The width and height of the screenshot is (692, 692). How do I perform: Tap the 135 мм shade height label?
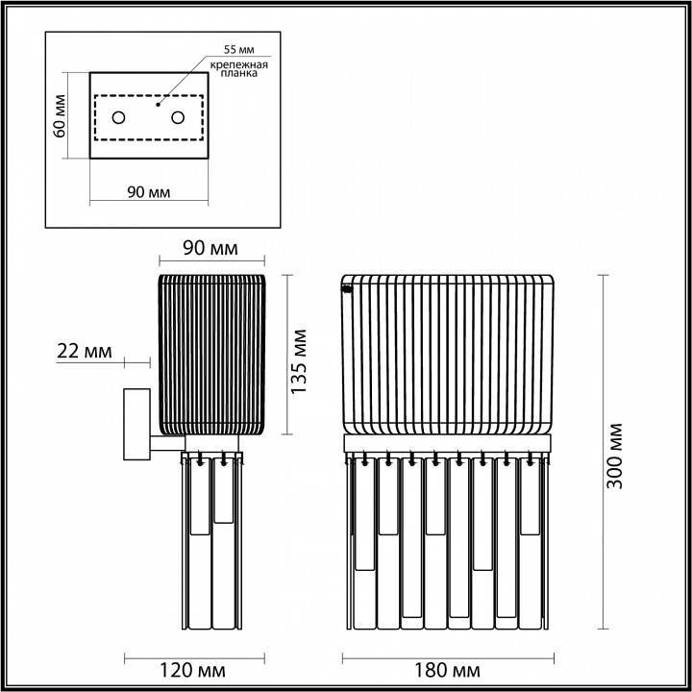(300, 361)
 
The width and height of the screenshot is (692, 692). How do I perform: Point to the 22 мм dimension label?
(85, 351)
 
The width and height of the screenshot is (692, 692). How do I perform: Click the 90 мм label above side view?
(210, 250)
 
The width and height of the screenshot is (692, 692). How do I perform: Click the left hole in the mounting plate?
(117, 117)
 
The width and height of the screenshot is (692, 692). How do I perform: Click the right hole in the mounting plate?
(178, 117)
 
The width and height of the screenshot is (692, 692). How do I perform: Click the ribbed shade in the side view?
(211, 354)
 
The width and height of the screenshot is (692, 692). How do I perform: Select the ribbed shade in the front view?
(449, 354)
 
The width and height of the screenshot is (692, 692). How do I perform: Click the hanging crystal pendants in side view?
(211, 543)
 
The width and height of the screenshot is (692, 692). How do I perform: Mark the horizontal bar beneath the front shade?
(449, 443)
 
